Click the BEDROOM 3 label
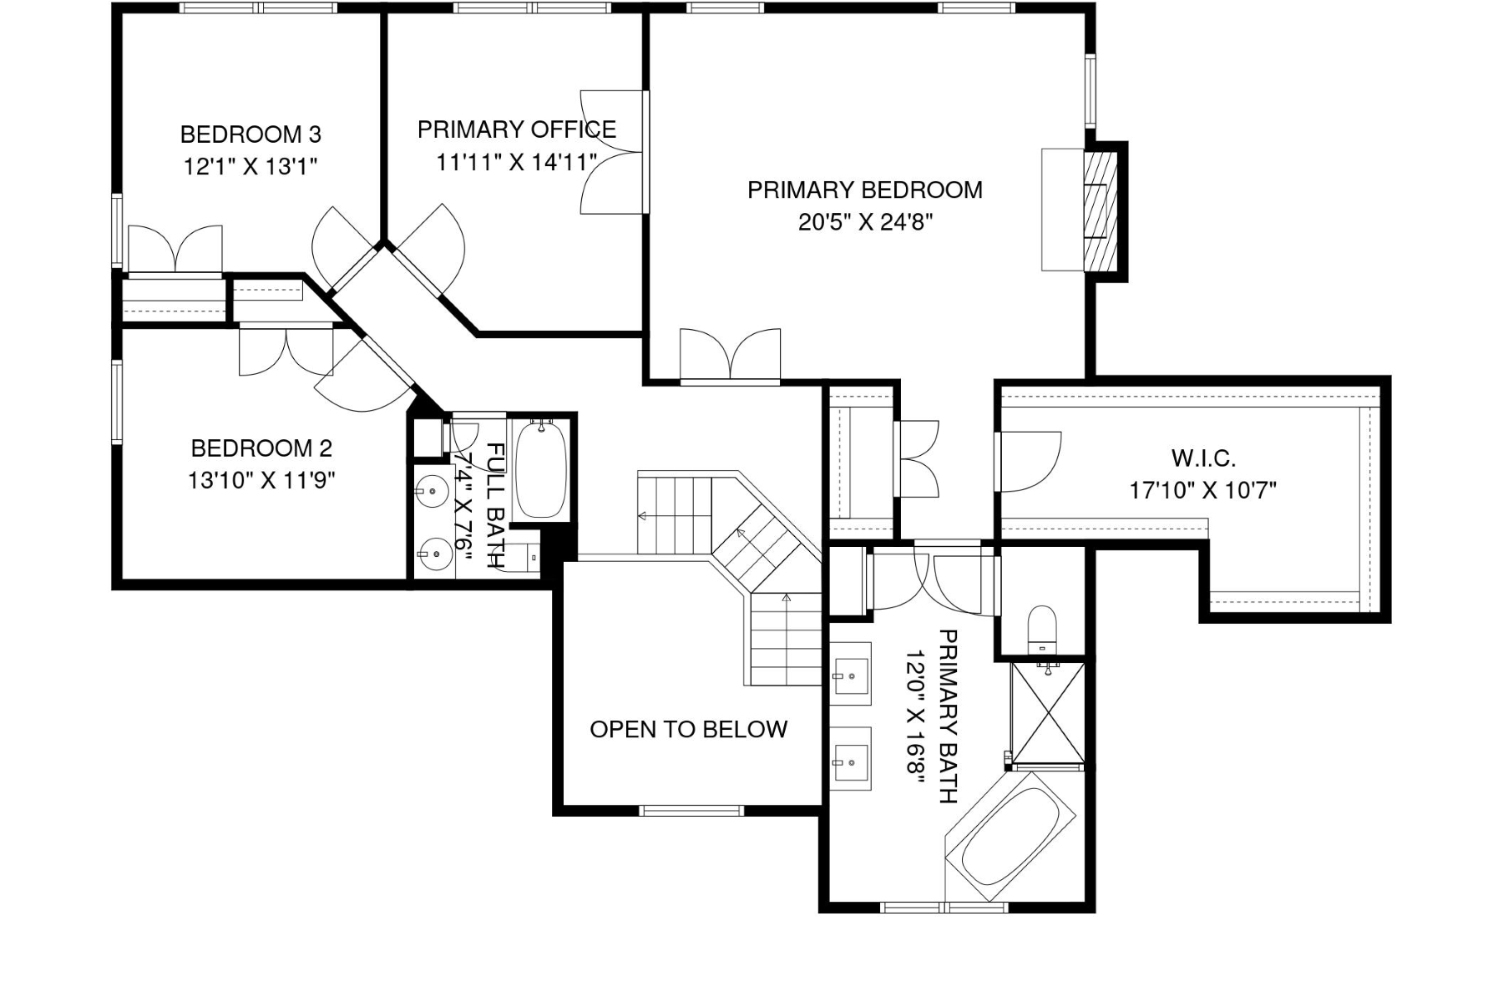coord(250,134)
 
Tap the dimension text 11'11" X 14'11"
coord(516,162)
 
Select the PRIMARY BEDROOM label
coord(864,190)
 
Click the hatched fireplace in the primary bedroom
coord(1100,210)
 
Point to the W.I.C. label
coord(1203,458)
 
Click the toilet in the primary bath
coord(1041,628)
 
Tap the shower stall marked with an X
coord(1047,713)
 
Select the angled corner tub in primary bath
coord(1010,838)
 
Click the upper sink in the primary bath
coord(851,674)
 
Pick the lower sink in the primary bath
coord(851,759)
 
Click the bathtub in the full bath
coord(541,471)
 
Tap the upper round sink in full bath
coord(433,491)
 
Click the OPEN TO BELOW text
coord(688,730)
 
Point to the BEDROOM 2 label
coord(261,448)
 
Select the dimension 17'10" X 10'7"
coord(1203,490)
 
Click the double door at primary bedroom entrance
coord(731,357)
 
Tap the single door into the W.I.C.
coord(1029,462)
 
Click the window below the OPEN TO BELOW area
coord(691,809)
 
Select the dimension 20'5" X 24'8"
coord(864,222)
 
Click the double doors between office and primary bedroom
coord(614,152)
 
